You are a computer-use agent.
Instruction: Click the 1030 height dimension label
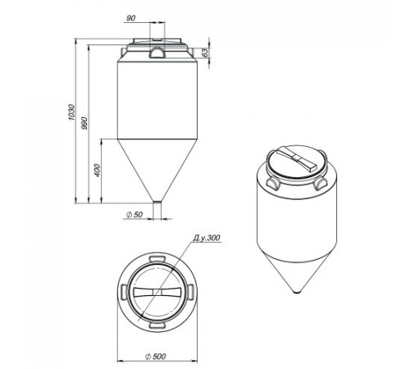71,112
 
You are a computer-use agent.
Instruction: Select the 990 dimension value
84,123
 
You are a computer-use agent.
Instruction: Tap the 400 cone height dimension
97,171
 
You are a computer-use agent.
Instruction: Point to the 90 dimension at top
131,18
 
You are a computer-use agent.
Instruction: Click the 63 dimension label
205,52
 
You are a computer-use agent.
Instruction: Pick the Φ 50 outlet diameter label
134,215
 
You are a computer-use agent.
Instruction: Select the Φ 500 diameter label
156,357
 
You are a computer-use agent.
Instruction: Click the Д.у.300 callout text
207,238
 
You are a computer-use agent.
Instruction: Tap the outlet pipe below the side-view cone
157,211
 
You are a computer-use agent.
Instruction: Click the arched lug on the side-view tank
157,52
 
